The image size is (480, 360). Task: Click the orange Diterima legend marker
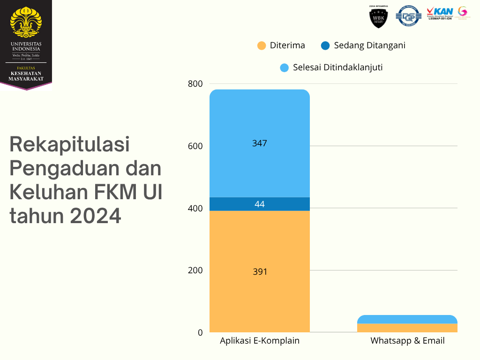(x=262, y=45)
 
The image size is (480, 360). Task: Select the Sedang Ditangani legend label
(x=369, y=45)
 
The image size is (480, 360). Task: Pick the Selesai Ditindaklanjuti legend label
(x=337, y=67)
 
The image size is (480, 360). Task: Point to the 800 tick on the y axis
(x=195, y=84)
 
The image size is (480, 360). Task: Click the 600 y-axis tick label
(x=195, y=146)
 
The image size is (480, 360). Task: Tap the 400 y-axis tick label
(x=195, y=208)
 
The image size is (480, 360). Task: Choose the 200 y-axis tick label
(x=195, y=270)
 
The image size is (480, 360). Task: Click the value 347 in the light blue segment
(x=259, y=143)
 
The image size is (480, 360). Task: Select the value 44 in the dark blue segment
(x=259, y=204)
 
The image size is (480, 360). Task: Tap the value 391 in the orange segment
(x=259, y=271)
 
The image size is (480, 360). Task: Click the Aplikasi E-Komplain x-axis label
(x=259, y=341)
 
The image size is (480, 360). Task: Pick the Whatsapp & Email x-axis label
(x=407, y=341)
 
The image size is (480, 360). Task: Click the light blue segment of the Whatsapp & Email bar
(x=407, y=319)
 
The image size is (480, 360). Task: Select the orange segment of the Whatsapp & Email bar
(x=407, y=328)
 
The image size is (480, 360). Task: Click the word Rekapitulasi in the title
(x=69, y=144)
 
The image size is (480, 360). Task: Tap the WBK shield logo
(x=379, y=17)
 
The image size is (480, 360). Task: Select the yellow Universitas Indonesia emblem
(x=26, y=22)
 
